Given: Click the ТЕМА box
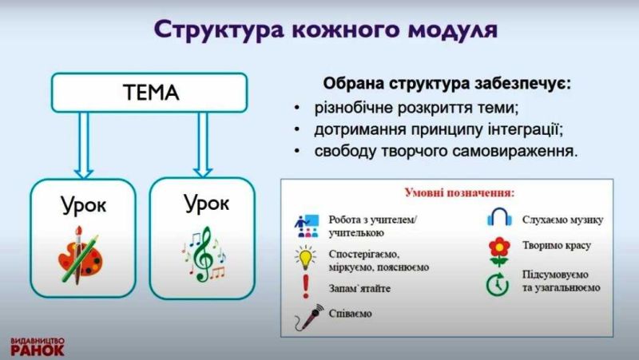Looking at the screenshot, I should pos(152,93).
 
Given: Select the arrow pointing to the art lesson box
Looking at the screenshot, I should pos(83,144).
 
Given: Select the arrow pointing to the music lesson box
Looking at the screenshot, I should pos(203,144).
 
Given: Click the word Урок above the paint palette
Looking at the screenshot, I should pos(83,207).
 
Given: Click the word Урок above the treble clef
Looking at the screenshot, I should pos(206,203).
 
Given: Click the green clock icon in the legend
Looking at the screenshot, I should pos(499,283).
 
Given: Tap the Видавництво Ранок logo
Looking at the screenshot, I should pos(38,345).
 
